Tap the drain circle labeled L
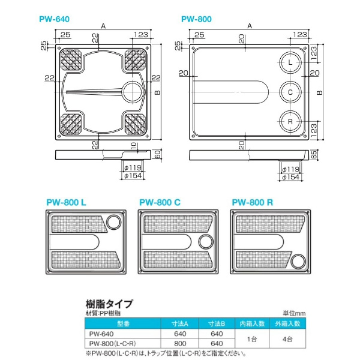coord(290,63)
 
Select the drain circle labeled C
coord(290,92)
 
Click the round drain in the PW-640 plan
coord(132,92)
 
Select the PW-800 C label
coord(160,203)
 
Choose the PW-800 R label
coord(253,203)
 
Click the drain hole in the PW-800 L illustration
coord(112,224)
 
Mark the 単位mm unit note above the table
coord(295,313)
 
